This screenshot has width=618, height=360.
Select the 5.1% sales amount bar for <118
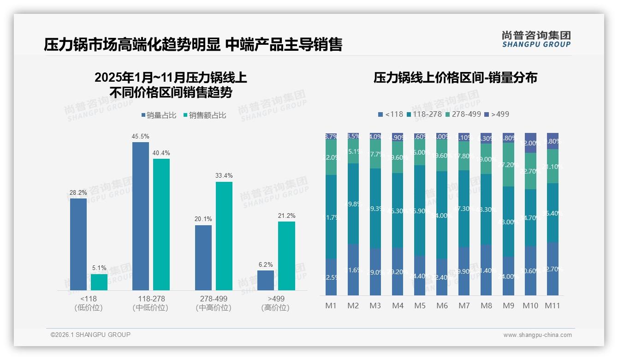pyautogui.click(x=99, y=282)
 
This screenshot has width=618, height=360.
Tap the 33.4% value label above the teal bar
pyautogui.click(x=224, y=175)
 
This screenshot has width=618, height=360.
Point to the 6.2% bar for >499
pyautogui.click(x=266, y=280)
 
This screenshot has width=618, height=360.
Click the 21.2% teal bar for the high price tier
pyautogui.click(x=286, y=256)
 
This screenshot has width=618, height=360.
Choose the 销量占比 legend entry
pyautogui.click(x=159, y=115)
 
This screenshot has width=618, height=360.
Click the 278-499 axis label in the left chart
pyautogui.click(x=214, y=299)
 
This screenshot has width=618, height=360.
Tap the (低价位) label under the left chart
pyautogui.click(x=89, y=308)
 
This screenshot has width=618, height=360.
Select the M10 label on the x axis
pyautogui.click(x=530, y=306)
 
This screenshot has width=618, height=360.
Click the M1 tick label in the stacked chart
pyautogui.click(x=331, y=306)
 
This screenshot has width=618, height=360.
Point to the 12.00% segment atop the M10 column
pyautogui.click(x=530, y=143)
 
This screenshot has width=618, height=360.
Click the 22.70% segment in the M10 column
pyautogui.click(x=530, y=171)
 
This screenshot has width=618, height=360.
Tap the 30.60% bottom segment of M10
pyautogui.click(x=530, y=270)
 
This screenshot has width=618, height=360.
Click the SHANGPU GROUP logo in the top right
pyautogui.click(x=536, y=39)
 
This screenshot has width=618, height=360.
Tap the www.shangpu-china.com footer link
pyautogui.click(x=537, y=335)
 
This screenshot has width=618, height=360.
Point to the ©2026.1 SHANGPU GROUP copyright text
pyautogui.click(x=90, y=335)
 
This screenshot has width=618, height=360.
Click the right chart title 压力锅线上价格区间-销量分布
pyautogui.click(x=455, y=78)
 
